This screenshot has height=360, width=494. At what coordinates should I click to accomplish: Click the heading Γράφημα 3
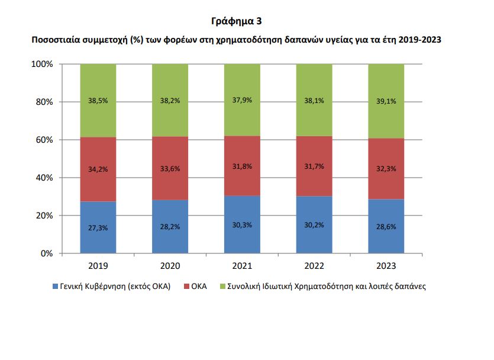[236, 21]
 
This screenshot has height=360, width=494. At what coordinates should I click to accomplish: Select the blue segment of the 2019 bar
[98, 237]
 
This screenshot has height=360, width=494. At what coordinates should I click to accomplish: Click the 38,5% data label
[98, 101]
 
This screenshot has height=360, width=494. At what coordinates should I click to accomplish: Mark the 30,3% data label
[242, 225]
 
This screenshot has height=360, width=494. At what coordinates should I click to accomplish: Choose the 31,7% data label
[314, 166]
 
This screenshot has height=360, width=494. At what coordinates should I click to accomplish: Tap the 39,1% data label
[386, 101]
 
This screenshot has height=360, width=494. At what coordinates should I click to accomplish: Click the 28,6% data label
[386, 227]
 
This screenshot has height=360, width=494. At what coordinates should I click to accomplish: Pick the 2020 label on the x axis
[170, 266]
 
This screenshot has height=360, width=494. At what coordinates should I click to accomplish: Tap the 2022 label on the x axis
[314, 266]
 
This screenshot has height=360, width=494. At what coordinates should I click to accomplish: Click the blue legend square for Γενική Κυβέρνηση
[55, 287]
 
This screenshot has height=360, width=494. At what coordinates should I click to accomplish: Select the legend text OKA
[200, 287]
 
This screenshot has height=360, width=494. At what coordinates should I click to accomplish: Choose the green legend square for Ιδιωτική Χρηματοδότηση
[222, 287]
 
